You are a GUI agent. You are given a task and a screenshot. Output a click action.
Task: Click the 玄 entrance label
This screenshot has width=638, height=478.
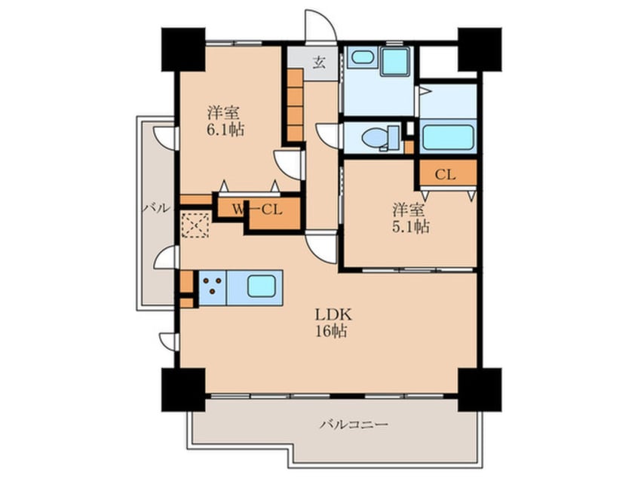pos(319,63)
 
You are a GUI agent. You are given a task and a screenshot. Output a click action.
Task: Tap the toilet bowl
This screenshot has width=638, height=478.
pos(375,138)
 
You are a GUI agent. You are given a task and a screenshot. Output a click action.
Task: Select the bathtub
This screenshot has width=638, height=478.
pos(447,137)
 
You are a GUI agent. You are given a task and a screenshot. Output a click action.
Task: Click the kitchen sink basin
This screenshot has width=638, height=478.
pos(261,286)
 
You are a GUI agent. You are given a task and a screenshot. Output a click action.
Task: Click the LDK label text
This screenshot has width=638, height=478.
pos(333,314)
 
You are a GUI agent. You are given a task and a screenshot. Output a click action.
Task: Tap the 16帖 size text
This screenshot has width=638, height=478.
pos(332,331)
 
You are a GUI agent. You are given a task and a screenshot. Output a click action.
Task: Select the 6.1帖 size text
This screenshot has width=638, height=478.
pos(225,130)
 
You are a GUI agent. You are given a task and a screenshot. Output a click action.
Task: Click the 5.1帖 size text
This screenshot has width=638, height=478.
pos(411,227)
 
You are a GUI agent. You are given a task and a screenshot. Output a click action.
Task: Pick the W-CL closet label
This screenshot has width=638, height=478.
pos(257,210)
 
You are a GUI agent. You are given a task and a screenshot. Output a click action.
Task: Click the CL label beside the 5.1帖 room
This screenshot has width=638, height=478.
pos(445,175)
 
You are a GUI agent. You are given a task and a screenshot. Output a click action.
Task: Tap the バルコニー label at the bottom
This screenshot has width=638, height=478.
pos(354,424)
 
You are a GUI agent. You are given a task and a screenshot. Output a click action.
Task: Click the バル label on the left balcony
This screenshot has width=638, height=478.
pos(156,208)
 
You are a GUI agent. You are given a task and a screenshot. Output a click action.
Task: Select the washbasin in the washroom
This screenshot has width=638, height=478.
pos(363,57)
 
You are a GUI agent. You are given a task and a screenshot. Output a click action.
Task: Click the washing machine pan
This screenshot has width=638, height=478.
pos(395,61)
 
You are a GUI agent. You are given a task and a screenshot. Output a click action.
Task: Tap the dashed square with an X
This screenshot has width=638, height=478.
pos(195,225)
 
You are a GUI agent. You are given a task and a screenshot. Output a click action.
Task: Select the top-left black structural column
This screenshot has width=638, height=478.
pos(183,50)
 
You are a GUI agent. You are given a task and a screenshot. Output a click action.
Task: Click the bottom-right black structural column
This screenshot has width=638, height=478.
pos(480,390)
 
